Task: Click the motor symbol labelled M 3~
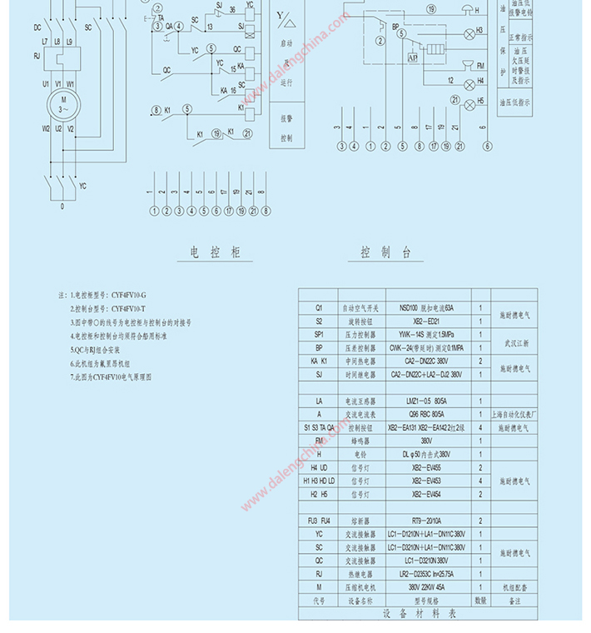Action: [63, 105]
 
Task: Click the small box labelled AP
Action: [413, 58]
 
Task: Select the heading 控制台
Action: [385, 252]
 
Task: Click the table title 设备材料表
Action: [420, 613]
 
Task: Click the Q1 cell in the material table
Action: [318, 307]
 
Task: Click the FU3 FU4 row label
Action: [318, 520]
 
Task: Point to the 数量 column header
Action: [481, 599]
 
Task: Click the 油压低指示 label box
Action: [515, 102]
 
